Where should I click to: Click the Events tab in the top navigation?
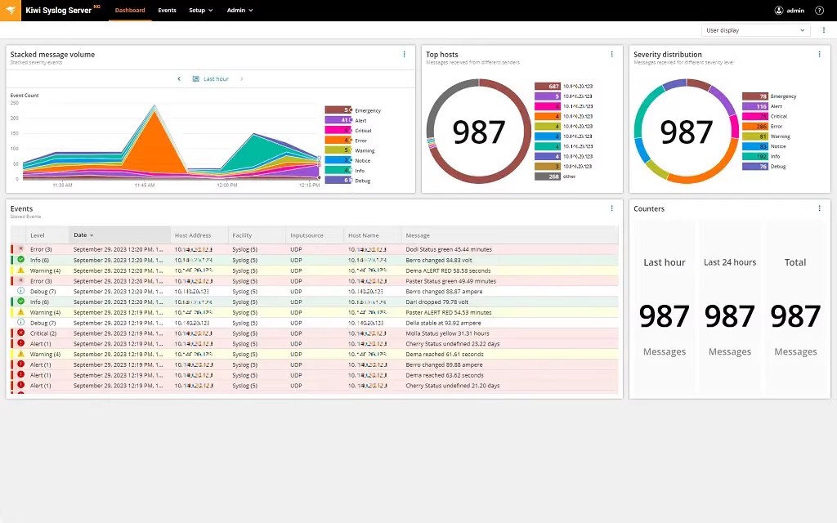click(x=167, y=11)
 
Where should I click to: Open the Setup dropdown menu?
click(x=200, y=11)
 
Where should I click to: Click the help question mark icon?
click(x=820, y=11)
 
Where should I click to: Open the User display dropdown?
click(x=754, y=30)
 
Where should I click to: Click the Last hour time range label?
click(x=216, y=79)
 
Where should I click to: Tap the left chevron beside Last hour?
click(x=179, y=79)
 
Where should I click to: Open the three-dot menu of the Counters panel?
click(x=819, y=208)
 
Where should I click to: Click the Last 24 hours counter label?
click(x=730, y=262)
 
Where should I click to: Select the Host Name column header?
click(x=363, y=235)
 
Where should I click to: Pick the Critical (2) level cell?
click(x=43, y=333)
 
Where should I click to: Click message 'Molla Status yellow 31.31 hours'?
click(x=447, y=333)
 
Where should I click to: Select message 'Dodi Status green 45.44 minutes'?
click(x=448, y=249)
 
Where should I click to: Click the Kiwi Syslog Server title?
click(x=59, y=11)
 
